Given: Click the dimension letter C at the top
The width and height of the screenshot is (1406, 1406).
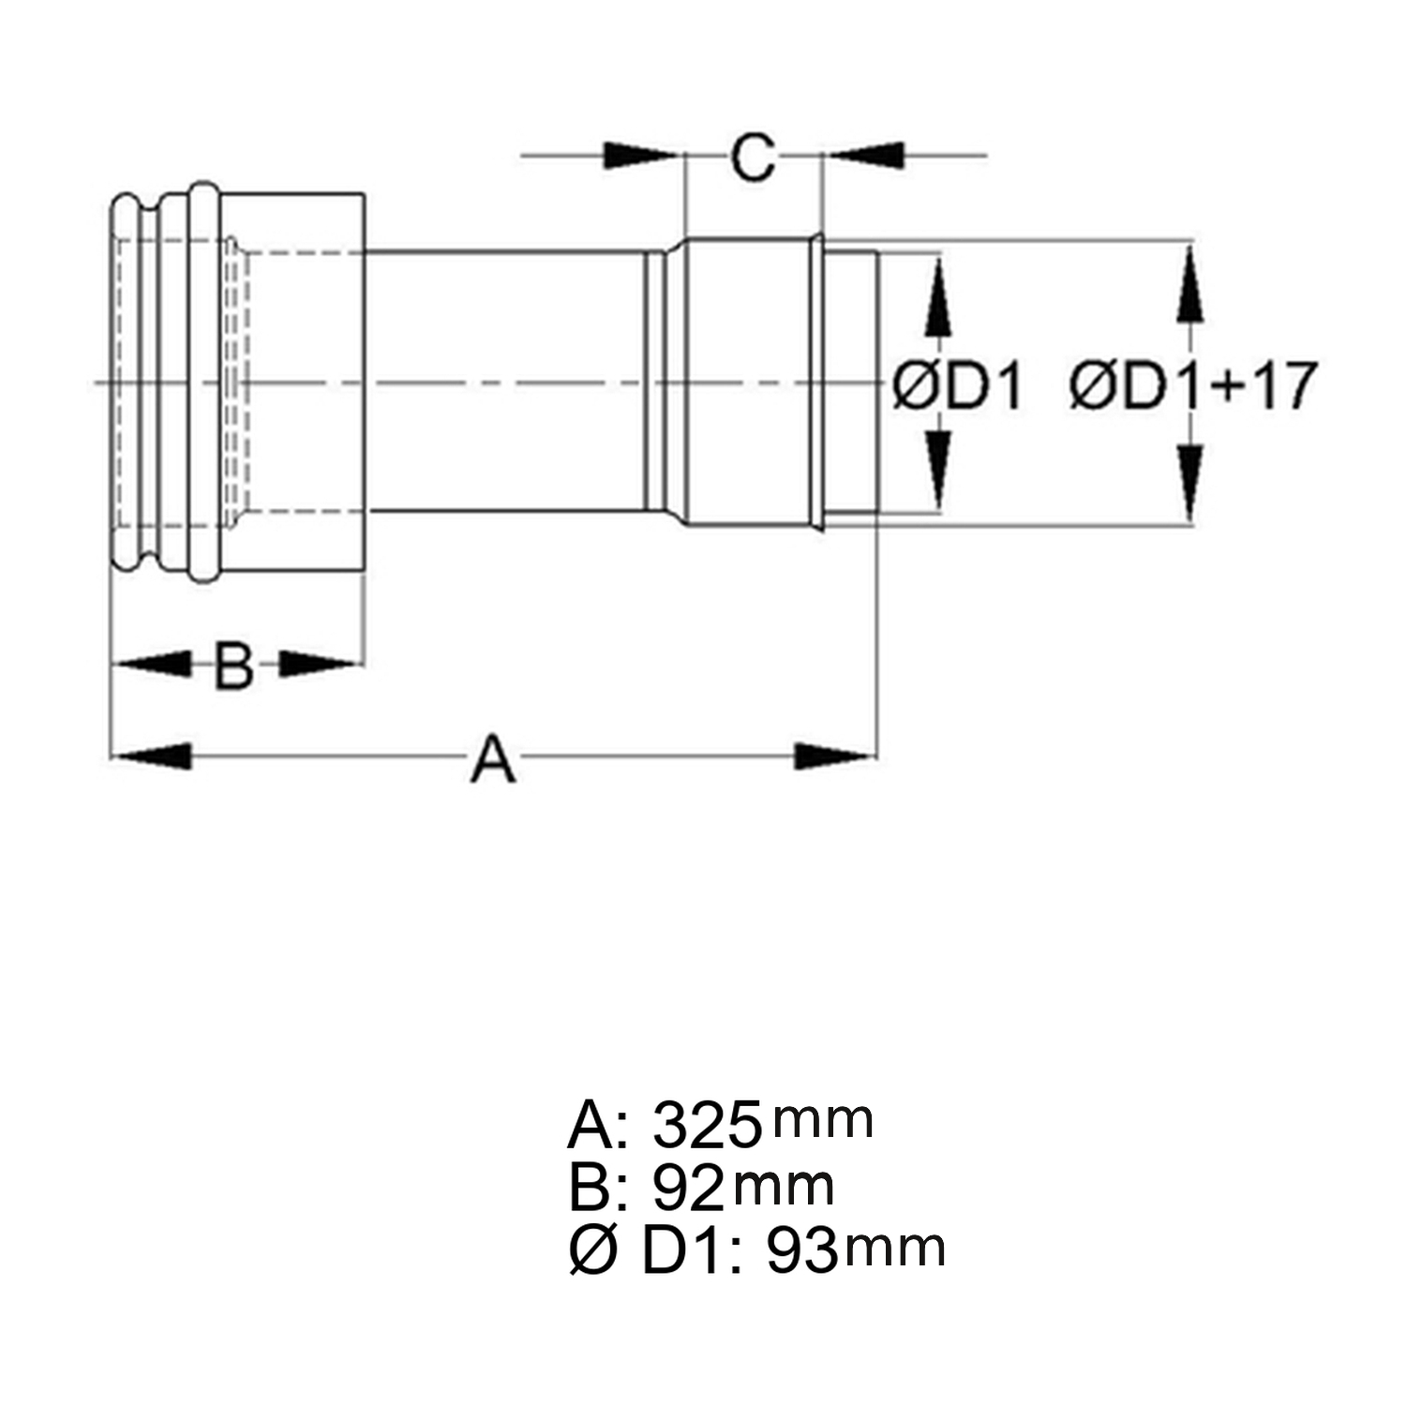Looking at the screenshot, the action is tap(754, 157).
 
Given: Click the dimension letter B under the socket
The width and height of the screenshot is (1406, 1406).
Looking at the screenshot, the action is tap(233, 665).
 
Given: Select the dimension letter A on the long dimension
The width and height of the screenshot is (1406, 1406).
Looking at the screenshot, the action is tap(493, 758).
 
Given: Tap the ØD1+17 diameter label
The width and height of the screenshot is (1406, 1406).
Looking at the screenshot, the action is tap(1193, 384).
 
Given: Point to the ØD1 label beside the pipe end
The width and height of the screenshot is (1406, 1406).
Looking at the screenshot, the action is tap(957, 386).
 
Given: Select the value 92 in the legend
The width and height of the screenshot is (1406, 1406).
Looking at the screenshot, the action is tap(689, 1188).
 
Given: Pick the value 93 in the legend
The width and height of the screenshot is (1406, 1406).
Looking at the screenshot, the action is tap(802, 1249).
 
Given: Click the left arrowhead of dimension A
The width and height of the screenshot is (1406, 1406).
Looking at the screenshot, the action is tap(151, 755).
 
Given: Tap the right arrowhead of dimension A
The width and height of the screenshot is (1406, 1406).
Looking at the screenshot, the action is tap(834, 755).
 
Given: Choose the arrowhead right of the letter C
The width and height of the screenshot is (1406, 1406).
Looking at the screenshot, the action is tap(864, 156).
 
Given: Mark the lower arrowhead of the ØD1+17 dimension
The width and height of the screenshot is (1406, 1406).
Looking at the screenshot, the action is tap(1190, 481).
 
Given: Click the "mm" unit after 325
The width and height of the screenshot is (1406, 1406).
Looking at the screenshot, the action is tap(823, 1121).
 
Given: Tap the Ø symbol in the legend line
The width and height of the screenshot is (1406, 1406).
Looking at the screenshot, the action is tap(593, 1250).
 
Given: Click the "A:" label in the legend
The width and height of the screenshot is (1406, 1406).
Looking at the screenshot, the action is tap(592, 1125).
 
